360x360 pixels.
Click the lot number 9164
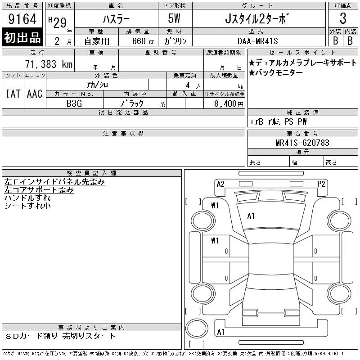pyautogui.click(x=22, y=19)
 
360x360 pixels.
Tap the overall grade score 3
pyautogui.click(x=343, y=18)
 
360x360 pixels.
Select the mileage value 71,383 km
pyautogui.click(x=49, y=64)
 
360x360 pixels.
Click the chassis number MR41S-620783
pyautogui.click(x=302, y=143)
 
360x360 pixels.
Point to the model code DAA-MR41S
pyautogui.click(x=257, y=41)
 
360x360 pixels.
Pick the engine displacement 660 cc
pyautogui.click(x=143, y=41)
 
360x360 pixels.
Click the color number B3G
pyautogui.click(x=74, y=103)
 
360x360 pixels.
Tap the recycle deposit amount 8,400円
pyautogui.click(x=229, y=104)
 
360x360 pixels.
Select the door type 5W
pyautogui.click(x=174, y=18)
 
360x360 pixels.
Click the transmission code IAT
pyautogui.click(x=13, y=94)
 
